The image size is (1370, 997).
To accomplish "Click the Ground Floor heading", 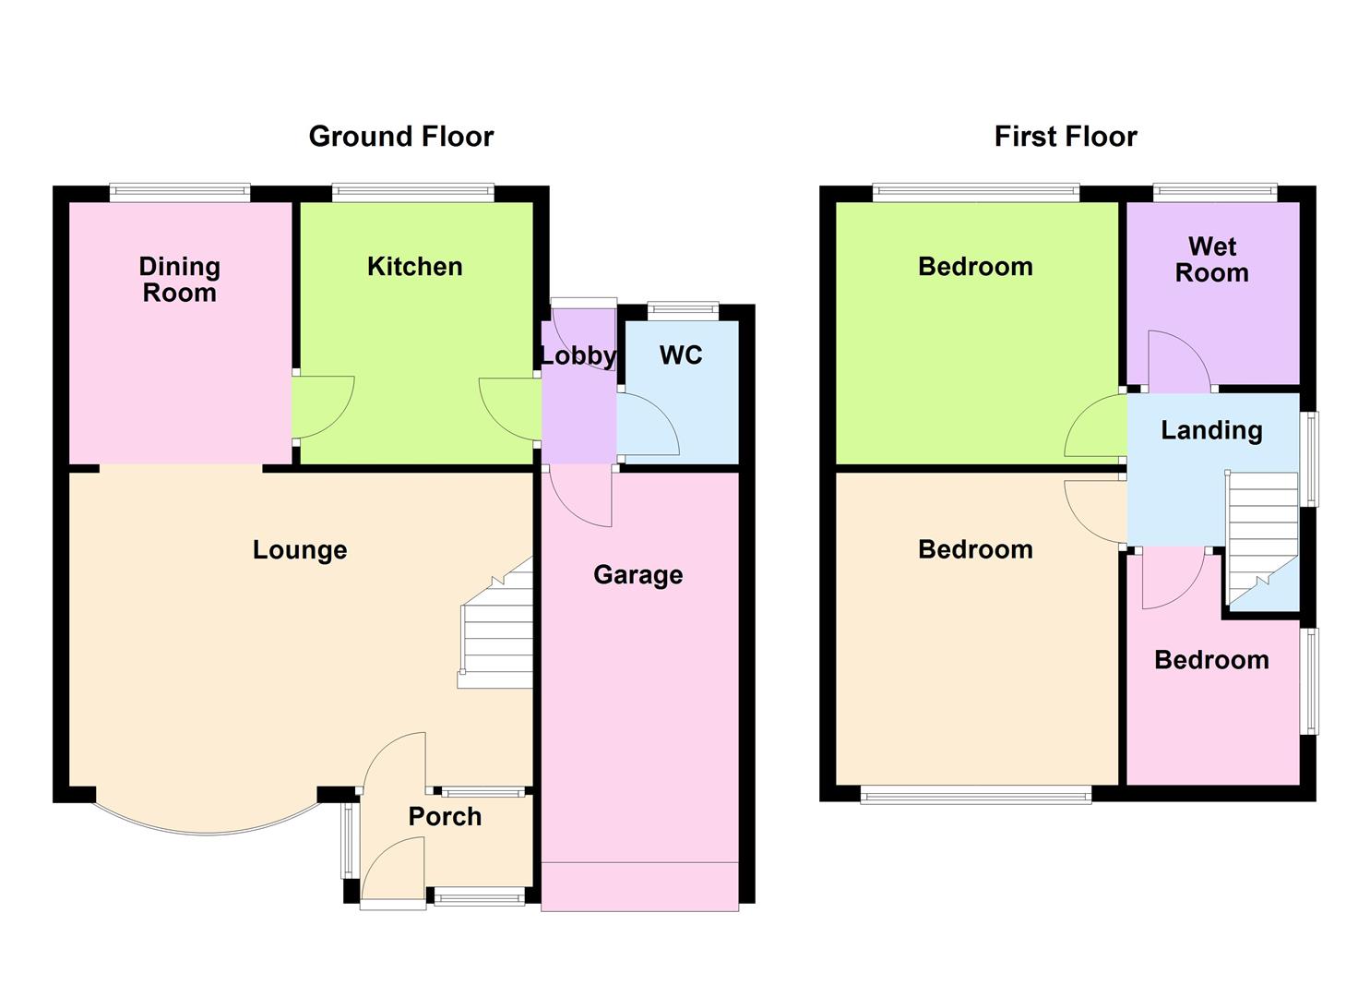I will pyautogui.click(x=400, y=137).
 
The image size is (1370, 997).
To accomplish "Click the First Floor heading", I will pyautogui.click(x=1065, y=137).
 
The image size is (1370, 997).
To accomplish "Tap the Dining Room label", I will pyautogui.click(x=179, y=280).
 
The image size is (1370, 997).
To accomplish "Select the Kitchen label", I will pyautogui.click(x=414, y=267).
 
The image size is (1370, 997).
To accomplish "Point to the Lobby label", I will pyautogui.click(x=578, y=355).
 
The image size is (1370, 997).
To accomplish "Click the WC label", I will pyautogui.click(x=681, y=355).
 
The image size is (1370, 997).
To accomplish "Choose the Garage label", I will pyautogui.click(x=637, y=575).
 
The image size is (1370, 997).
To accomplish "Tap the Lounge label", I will pyautogui.click(x=300, y=550).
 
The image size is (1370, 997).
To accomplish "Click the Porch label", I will pyautogui.click(x=445, y=817).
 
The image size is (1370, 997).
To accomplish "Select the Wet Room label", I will pyautogui.click(x=1211, y=260).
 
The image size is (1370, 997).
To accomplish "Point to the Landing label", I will pyautogui.click(x=1211, y=430).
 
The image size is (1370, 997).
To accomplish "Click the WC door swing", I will pyautogui.click(x=649, y=425).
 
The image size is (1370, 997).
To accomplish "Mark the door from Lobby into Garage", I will pyautogui.click(x=581, y=496).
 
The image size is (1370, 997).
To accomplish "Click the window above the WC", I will pyautogui.click(x=683, y=308).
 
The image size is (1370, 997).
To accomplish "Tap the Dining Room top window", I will pyautogui.click(x=179, y=193).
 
